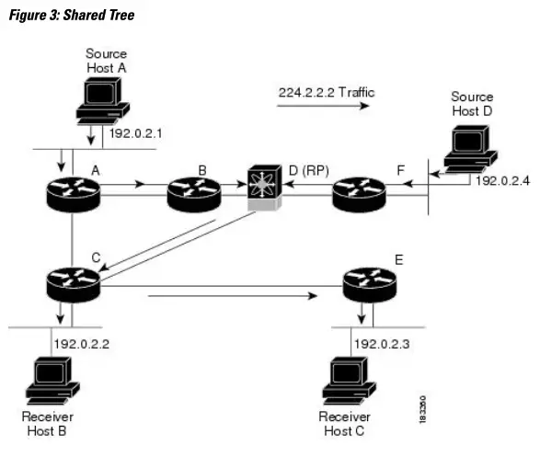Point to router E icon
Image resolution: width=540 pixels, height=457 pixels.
(368, 285)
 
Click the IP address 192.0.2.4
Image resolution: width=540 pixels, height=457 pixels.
(503, 180)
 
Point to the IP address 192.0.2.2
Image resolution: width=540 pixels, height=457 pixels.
(83, 343)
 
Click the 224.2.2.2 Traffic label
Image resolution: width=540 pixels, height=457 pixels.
(326, 93)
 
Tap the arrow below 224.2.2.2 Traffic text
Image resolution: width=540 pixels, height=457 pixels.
(322, 107)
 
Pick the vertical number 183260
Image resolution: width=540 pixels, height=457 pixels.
(421, 404)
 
